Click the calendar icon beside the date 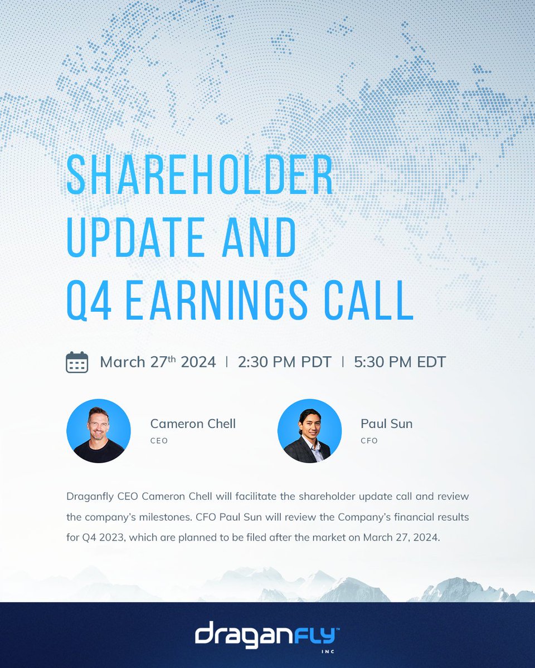[x=77, y=362]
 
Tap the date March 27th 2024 [x=158, y=362]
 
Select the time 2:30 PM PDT [x=284, y=362]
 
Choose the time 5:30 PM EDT [x=400, y=362]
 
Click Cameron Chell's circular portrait [x=99, y=431]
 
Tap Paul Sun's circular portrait [x=309, y=431]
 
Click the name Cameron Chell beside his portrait [x=193, y=424]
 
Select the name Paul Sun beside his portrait [x=386, y=424]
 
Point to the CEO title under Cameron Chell [x=159, y=441]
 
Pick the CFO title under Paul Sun [x=369, y=441]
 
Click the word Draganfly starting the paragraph [x=90, y=495]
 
